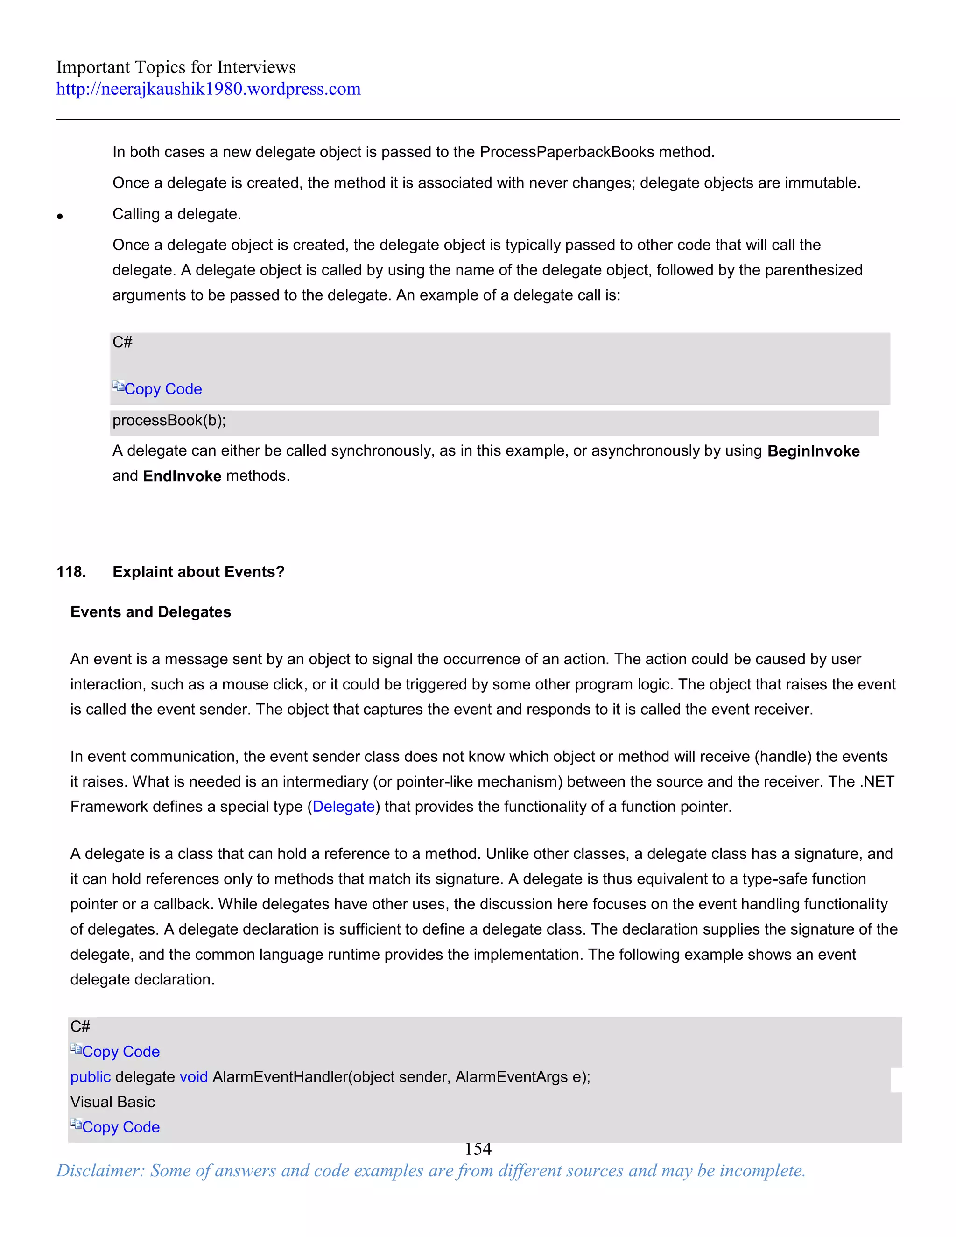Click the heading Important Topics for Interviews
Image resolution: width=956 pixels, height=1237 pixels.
click(176, 67)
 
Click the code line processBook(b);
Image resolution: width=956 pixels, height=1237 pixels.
click(169, 420)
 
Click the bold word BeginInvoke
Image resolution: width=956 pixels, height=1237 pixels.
click(813, 451)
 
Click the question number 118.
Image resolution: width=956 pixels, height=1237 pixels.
click(71, 572)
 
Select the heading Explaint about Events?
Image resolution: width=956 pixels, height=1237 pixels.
click(198, 572)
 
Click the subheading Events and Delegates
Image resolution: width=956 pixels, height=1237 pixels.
click(151, 612)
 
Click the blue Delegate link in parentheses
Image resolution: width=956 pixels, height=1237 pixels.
click(343, 807)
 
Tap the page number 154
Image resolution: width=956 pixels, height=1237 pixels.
click(478, 1149)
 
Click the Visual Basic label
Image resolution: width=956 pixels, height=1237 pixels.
click(112, 1102)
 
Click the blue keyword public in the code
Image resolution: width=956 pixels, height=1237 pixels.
click(90, 1077)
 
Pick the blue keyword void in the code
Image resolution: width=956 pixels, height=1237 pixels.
click(193, 1077)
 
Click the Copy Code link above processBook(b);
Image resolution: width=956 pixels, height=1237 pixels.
click(162, 389)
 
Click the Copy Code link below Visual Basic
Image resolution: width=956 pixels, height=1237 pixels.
click(120, 1127)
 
